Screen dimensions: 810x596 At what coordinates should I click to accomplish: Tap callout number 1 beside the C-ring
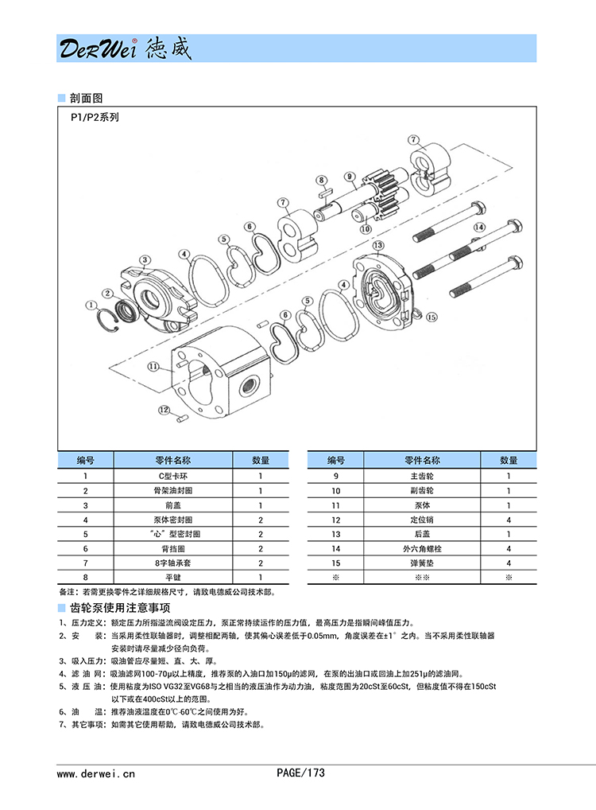[x=93, y=304]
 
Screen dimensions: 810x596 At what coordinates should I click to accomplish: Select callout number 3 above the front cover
[x=145, y=259]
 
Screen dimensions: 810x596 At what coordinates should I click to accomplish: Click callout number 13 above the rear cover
[x=378, y=244]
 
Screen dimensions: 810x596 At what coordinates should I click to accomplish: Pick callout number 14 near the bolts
[x=478, y=228]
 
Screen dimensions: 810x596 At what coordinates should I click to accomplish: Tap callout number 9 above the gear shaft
[x=349, y=177]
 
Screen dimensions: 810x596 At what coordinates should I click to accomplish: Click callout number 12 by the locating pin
[x=164, y=410]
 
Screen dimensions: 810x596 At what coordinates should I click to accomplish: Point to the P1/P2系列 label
[x=95, y=116]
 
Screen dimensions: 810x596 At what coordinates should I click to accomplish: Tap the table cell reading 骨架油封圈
[x=172, y=491]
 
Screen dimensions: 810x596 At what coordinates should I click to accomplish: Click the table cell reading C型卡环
[x=172, y=476]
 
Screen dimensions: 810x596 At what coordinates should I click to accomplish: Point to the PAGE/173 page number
[x=300, y=773]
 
